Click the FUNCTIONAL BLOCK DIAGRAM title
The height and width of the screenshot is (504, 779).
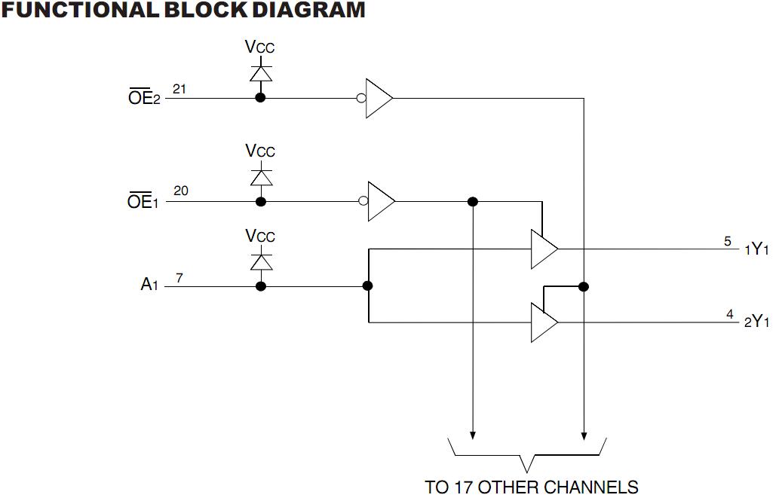(x=183, y=11)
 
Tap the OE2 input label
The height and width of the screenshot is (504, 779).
(x=144, y=99)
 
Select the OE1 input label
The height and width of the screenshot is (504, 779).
(x=144, y=202)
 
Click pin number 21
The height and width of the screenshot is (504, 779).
(x=179, y=89)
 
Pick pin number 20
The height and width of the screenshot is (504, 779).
(x=181, y=191)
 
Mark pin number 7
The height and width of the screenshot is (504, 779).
(x=179, y=277)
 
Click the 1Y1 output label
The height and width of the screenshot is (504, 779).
(x=756, y=250)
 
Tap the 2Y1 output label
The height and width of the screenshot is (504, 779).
(x=756, y=322)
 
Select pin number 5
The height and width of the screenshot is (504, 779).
(x=728, y=241)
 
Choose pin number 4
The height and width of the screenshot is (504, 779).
(x=730, y=313)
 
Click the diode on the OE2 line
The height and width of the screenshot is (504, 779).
(x=260, y=74)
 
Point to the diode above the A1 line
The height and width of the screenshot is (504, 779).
(x=260, y=262)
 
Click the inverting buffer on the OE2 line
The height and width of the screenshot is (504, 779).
(x=378, y=98)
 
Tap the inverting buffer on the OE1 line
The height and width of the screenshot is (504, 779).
(x=379, y=201)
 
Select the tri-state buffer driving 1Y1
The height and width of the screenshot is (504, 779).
(x=543, y=249)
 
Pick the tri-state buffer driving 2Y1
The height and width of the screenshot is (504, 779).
(x=543, y=322)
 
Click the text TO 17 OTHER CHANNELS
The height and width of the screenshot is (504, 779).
(x=532, y=487)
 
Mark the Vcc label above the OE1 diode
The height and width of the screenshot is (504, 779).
(x=260, y=151)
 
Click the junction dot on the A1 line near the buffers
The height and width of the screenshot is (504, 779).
(x=368, y=286)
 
